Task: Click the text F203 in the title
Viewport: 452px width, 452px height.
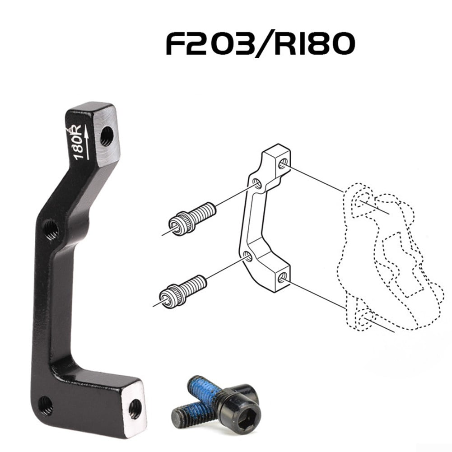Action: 209,44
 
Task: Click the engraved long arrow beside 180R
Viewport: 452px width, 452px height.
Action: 86,144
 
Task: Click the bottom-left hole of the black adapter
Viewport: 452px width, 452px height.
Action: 45,405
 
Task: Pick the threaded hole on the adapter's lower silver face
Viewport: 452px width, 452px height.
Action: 135,409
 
